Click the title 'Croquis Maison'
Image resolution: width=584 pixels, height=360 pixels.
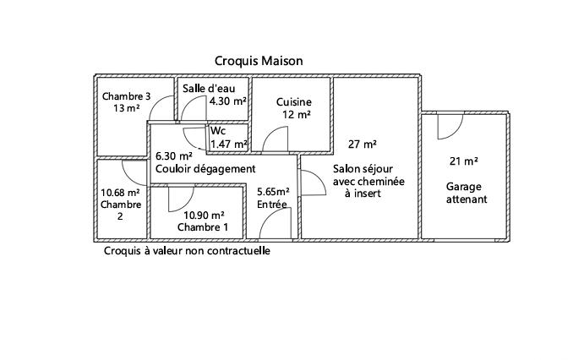258,61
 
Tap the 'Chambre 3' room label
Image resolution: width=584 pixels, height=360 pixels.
126,96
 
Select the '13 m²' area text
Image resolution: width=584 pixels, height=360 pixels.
126,109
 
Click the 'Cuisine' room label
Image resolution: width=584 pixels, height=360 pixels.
294,101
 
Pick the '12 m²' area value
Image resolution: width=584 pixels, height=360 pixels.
296,115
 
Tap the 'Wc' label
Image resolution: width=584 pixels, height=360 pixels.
218,131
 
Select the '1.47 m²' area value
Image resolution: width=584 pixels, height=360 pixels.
228,144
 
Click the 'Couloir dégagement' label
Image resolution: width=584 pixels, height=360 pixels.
205,169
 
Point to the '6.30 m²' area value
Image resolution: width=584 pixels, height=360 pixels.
174,155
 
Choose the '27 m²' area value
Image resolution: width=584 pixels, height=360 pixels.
362,144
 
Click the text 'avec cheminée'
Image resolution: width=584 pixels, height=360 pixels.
368,181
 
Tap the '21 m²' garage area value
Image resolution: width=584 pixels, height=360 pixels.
463,161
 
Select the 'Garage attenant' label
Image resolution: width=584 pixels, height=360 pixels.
466,194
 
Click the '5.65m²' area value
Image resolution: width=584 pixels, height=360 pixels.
274,191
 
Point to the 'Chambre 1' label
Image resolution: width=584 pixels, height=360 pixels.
203,228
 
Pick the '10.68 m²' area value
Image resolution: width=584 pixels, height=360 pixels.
119,192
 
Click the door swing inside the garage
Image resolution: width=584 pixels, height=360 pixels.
448,127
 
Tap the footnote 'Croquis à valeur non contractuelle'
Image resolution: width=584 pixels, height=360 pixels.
187,251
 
